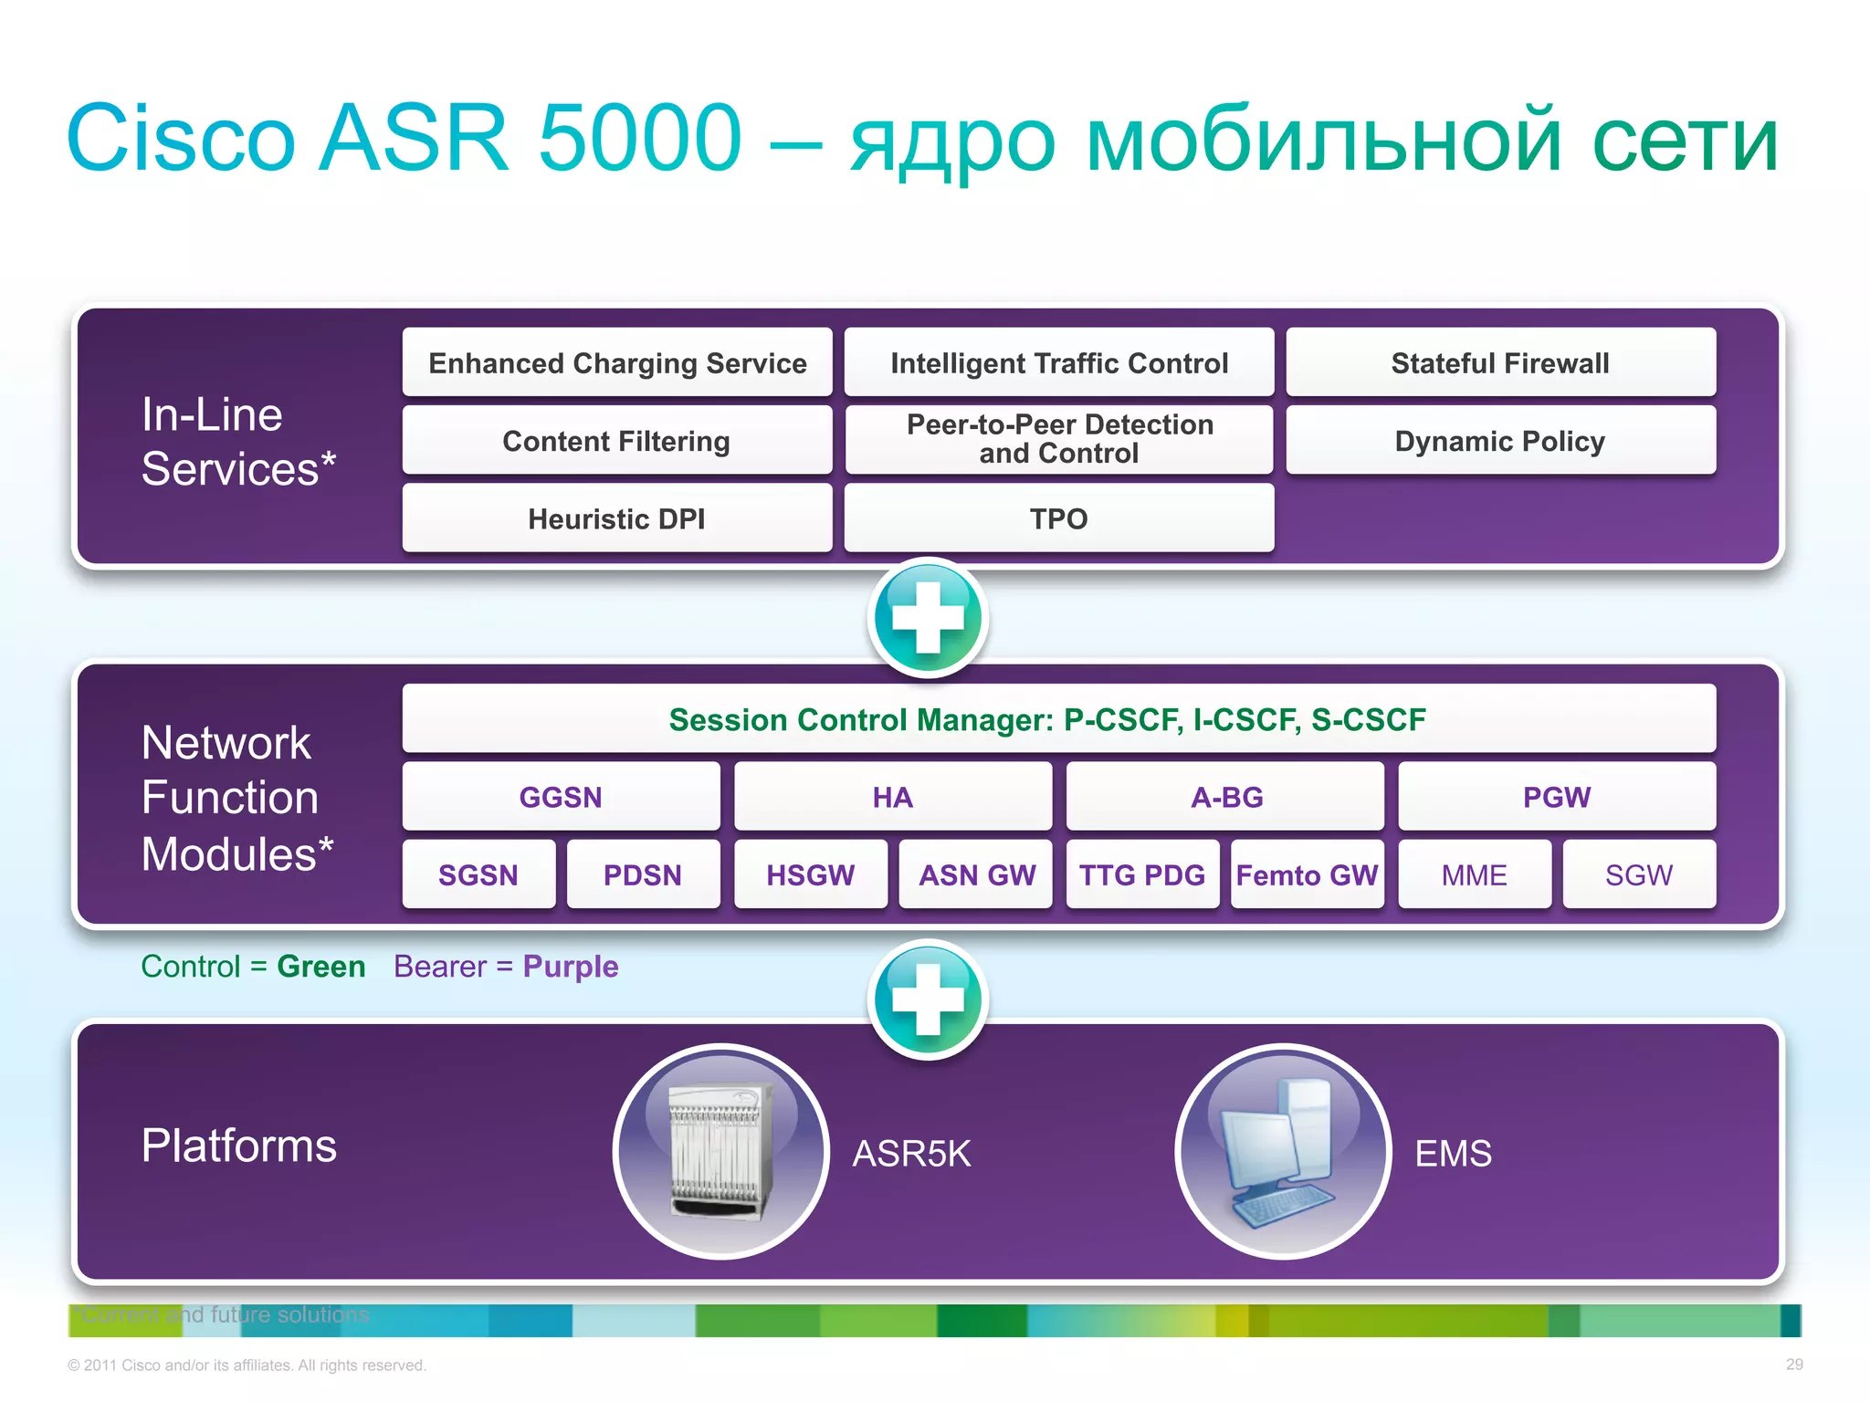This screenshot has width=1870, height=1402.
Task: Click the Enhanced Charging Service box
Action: tap(617, 363)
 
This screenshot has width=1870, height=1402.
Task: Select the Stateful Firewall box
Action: tap(1500, 363)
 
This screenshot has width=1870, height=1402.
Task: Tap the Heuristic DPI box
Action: tap(617, 518)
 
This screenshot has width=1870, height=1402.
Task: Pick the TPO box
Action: tap(1058, 518)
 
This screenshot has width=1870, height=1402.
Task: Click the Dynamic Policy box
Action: tap(1500, 441)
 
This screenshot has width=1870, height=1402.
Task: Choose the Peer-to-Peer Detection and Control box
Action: tap(1058, 439)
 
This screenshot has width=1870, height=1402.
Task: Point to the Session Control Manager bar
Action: tap(1058, 719)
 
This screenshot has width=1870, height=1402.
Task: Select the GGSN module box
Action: tap(561, 797)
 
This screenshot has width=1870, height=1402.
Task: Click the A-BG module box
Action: tap(1225, 797)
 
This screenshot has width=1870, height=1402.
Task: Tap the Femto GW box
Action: tap(1307, 874)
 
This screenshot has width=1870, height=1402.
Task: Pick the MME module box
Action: tap(1474, 874)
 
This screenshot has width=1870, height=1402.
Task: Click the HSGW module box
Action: tap(810, 874)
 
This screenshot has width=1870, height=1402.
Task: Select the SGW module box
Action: tap(1639, 874)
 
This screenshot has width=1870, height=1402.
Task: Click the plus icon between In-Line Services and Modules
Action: tap(928, 618)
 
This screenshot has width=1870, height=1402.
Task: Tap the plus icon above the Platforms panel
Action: tap(928, 999)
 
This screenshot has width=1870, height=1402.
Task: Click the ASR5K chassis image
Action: tap(721, 1152)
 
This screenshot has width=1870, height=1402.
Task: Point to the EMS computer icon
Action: tap(1283, 1152)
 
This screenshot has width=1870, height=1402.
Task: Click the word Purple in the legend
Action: tap(571, 967)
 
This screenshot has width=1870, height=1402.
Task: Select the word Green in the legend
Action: tap(321, 967)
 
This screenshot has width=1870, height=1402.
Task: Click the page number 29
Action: tap(1793, 1365)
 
